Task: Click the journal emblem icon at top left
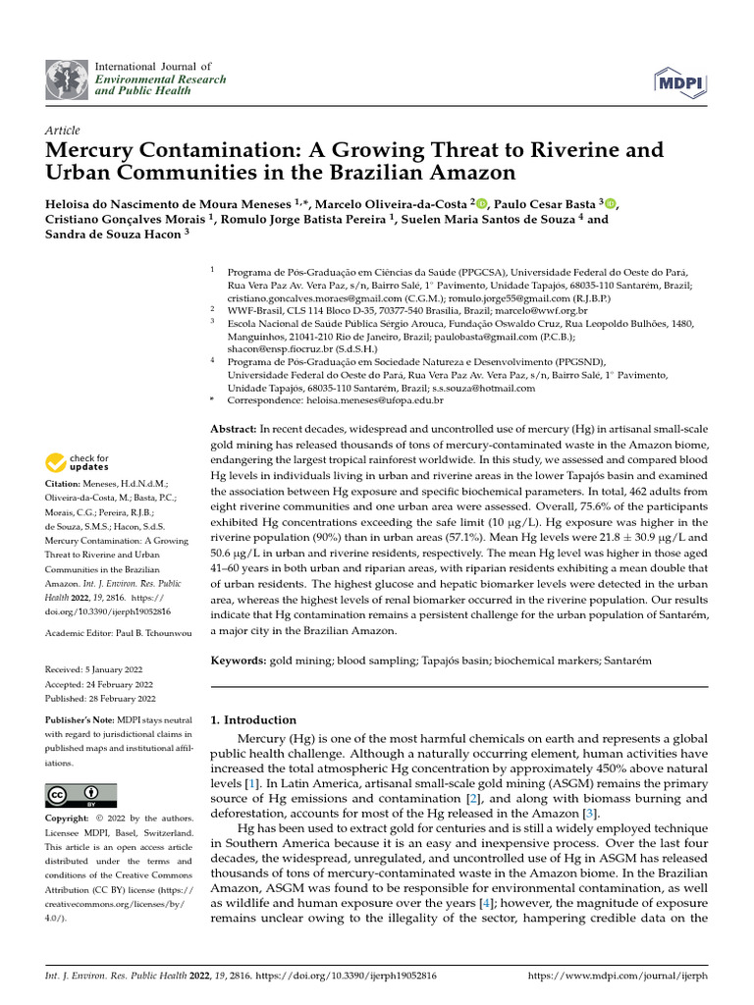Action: click(66, 78)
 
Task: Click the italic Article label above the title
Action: click(62, 130)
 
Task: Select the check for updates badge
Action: click(78, 462)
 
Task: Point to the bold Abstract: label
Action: click(235, 430)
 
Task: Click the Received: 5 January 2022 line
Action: click(99, 668)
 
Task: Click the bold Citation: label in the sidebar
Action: click(67, 484)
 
